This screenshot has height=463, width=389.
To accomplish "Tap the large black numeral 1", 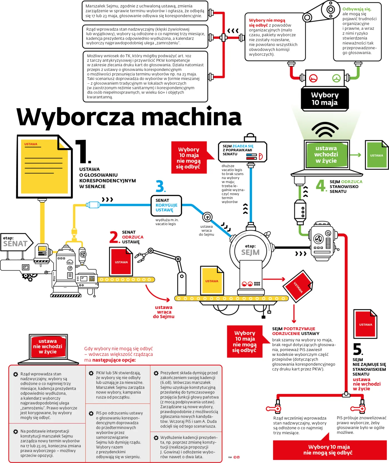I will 83,152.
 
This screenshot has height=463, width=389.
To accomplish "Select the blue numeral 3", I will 160,186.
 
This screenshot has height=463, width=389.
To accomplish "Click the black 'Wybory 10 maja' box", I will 325,99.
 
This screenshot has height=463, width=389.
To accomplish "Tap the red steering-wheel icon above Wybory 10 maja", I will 313,78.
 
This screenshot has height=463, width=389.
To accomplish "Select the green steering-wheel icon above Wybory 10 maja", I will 336,78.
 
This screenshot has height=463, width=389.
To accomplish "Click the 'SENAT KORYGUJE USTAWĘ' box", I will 166,205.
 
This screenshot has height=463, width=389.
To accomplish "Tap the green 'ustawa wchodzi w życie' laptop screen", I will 326,154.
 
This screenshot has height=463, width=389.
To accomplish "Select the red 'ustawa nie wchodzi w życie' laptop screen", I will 48,346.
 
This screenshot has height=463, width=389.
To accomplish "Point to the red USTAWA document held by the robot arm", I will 121,262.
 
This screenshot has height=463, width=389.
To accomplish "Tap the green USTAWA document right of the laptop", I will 376,155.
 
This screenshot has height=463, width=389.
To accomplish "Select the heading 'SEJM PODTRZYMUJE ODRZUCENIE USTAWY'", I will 296,331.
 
